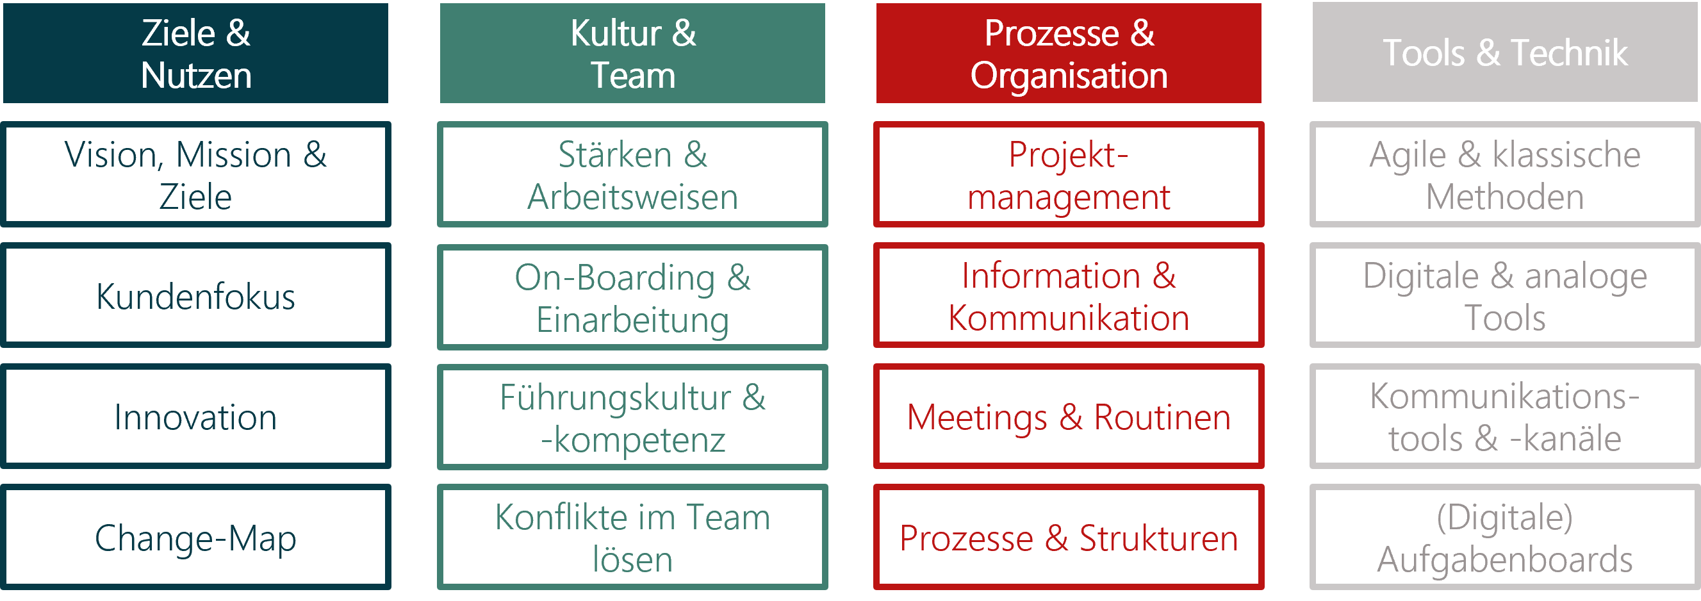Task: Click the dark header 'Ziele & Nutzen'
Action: click(x=195, y=53)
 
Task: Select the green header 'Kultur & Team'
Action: click(x=632, y=53)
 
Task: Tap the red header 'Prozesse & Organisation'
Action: click(x=1069, y=53)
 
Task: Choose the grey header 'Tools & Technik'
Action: click(x=1505, y=52)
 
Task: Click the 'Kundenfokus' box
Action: click(x=195, y=295)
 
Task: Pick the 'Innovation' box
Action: click(x=195, y=416)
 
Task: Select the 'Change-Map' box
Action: click(x=195, y=537)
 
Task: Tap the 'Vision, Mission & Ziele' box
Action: click(x=195, y=174)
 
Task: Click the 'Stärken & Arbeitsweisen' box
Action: click(x=632, y=174)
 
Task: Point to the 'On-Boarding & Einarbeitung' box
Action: click(x=632, y=297)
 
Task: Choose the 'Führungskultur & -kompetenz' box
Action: click(x=632, y=416)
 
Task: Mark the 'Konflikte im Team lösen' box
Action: click(x=632, y=537)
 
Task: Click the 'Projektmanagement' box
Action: click(x=1069, y=174)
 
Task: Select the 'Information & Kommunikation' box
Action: click(x=1069, y=295)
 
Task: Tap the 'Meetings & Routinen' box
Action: click(x=1069, y=416)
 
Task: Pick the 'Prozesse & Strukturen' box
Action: click(x=1069, y=537)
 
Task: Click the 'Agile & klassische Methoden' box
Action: click(x=1505, y=174)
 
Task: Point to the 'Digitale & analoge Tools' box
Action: click(x=1505, y=295)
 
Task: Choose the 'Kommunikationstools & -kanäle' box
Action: click(x=1505, y=416)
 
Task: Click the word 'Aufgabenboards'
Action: click(x=1505, y=560)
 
